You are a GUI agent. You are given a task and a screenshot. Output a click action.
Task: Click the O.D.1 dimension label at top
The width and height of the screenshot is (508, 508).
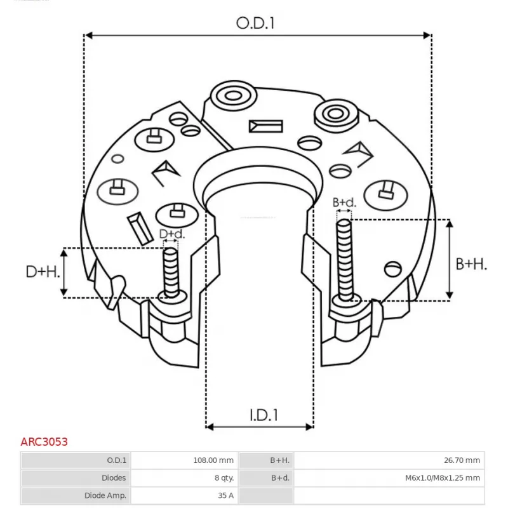[x=257, y=23]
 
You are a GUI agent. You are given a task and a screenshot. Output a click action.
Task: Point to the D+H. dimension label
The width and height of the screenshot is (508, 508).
[x=43, y=272]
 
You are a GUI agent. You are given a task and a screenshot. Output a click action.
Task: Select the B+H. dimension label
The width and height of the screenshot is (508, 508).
[x=471, y=264]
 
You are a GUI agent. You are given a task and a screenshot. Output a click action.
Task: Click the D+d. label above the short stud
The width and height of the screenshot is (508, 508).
[x=171, y=234]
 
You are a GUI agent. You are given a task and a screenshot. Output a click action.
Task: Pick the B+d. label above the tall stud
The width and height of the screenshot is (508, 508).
[x=344, y=203]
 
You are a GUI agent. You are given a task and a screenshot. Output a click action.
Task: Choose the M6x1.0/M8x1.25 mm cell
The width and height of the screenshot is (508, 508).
[x=442, y=478]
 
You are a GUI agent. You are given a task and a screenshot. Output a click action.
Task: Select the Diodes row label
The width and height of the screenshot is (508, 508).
[x=113, y=478]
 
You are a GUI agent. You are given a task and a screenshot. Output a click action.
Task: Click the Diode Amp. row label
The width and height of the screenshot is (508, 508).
[x=105, y=495]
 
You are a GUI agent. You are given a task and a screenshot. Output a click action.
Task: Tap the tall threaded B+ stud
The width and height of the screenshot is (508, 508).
[x=344, y=257]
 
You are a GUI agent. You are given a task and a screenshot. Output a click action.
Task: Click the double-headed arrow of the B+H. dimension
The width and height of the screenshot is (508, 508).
[x=450, y=259]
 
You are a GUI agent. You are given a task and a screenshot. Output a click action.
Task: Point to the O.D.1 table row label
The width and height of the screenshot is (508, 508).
[x=117, y=460]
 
